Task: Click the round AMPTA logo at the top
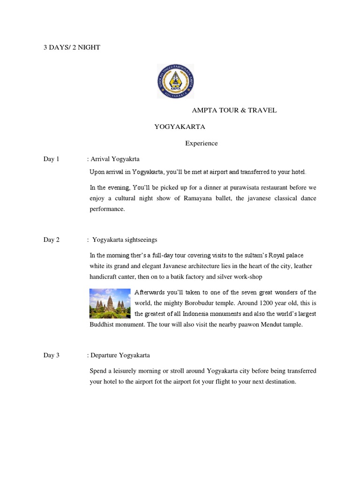[175, 81]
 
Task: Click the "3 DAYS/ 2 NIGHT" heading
[72, 47]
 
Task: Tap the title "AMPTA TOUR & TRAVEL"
[234, 110]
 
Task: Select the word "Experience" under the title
[201, 143]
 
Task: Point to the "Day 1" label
[52, 159]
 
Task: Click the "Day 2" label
[52, 240]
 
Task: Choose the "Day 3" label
[52, 355]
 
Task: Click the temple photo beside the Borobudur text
[110, 303]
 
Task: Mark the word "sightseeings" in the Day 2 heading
[145, 240]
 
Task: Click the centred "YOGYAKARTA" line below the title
[180, 127]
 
